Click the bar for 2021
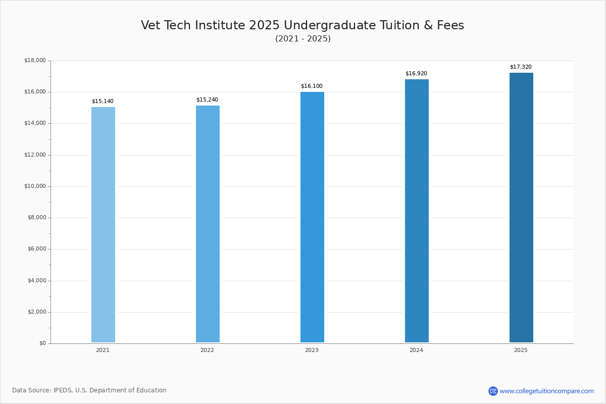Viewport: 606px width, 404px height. pos(103,225)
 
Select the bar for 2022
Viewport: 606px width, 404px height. pos(208,224)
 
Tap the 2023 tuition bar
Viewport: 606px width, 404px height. pos(312,217)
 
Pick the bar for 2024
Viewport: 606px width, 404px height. pos(417,211)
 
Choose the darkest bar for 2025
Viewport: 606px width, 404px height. pos(521,208)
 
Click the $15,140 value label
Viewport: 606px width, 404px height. pos(103,102)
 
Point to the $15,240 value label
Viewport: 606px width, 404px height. pos(207,100)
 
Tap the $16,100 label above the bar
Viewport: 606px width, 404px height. pos(312,86)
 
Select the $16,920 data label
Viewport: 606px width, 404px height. pos(416,74)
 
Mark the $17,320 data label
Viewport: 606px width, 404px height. pos(521,67)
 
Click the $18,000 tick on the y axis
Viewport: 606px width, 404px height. pos(35,61)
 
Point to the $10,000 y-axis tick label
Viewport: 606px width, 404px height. pos(35,186)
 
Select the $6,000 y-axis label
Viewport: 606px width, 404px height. pos(36,249)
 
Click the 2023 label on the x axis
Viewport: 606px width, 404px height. pos(312,350)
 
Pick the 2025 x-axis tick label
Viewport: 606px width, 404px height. pos(521,350)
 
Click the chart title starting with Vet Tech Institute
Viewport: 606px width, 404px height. pos(302,25)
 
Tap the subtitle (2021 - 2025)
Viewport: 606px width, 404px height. pos(303,39)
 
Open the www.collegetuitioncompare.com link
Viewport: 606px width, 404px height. pos(546,391)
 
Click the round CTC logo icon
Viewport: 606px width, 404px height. pos(493,391)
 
